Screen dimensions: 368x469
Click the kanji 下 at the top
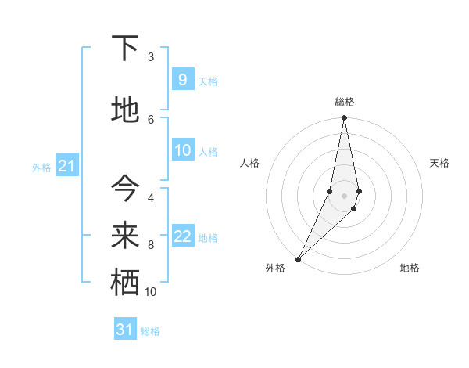tap(125, 49)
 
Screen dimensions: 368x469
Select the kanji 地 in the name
tap(125, 110)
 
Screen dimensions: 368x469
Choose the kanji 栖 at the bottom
tap(125, 283)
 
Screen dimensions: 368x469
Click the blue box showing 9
tap(182, 80)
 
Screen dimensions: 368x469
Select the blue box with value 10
tap(182, 150)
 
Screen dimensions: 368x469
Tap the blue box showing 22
tap(182, 236)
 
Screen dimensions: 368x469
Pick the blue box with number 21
tap(66, 166)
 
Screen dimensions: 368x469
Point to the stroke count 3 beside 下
tap(151, 57)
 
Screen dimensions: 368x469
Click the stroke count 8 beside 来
tap(151, 245)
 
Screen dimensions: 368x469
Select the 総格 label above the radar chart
tap(345, 102)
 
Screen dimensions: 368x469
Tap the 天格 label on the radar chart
tap(440, 163)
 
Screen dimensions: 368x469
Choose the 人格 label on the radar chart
tap(249, 163)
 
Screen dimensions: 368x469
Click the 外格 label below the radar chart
tap(275, 268)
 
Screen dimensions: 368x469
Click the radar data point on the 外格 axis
tap(299, 258)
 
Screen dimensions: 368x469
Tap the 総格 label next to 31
tap(150, 331)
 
